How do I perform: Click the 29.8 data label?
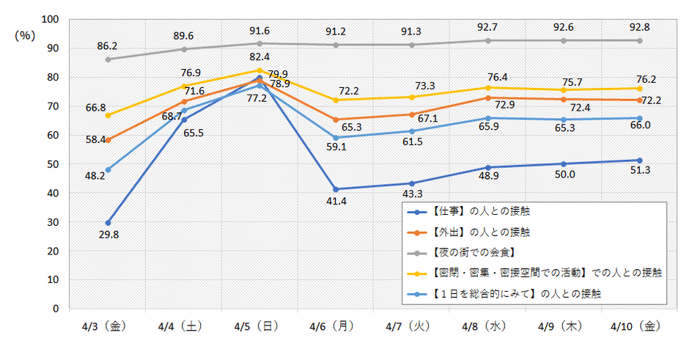(x=108, y=235)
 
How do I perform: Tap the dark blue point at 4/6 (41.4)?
(x=336, y=189)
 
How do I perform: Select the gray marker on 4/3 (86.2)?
(x=108, y=59)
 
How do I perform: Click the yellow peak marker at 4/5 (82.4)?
(x=260, y=70)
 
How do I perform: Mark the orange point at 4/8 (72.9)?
(x=487, y=98)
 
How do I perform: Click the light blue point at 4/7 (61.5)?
(x=412, y=131)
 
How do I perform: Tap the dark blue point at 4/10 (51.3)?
(x=639, y=161)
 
